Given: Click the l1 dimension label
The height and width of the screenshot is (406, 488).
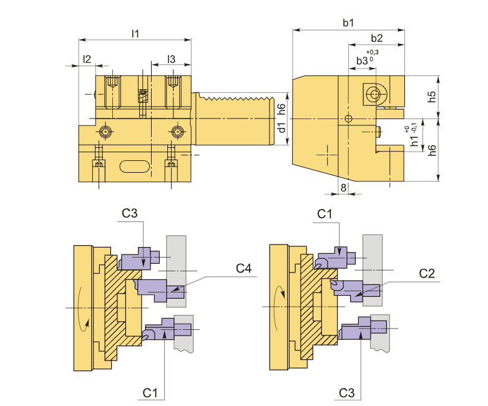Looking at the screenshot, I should (135, 33).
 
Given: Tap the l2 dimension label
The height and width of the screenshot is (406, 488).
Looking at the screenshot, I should (87, 59).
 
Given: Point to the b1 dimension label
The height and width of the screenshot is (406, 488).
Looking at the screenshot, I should (348, 22).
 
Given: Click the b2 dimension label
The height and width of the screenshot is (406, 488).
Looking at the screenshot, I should (376, 38).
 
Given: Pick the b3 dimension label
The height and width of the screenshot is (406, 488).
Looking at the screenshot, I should (362, 60).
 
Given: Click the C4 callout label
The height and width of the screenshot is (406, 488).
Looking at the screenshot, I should (243, 269).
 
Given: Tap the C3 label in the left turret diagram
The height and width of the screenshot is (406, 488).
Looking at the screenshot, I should (130, 213).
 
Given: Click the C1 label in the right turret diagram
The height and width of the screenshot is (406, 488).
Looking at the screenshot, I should (325, 214).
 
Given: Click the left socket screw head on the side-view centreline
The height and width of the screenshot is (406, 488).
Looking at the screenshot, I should (105, 132).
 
